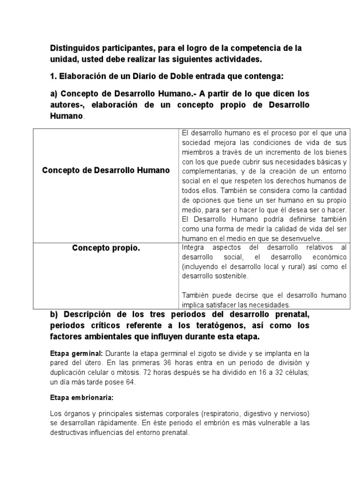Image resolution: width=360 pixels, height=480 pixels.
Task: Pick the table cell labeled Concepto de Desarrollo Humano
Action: [x=106, y=170]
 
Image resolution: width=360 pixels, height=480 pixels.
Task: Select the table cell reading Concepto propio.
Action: [x=106, y=248]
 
